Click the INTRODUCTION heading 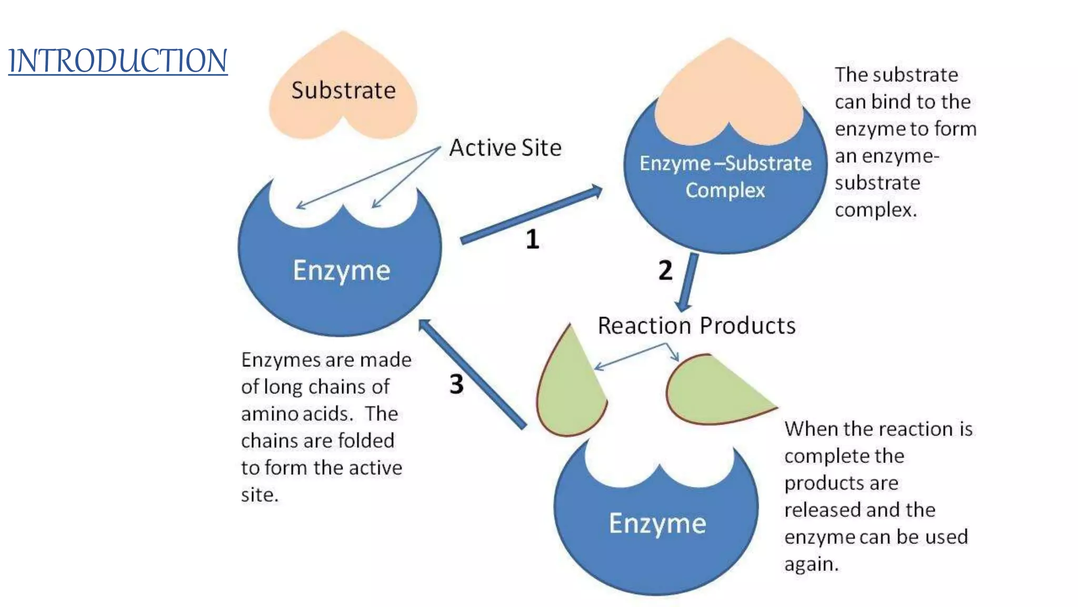[118, 61]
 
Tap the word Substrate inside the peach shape [343, 91]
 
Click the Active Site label [505, 148]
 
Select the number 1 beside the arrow [533, 239]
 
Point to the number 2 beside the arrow [665, 270]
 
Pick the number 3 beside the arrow [456, 384]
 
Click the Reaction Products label [696, 326]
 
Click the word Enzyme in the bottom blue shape [657, 524]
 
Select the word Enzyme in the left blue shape [341, 271]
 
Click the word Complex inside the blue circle [725, 190]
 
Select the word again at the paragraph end [811, 565]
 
